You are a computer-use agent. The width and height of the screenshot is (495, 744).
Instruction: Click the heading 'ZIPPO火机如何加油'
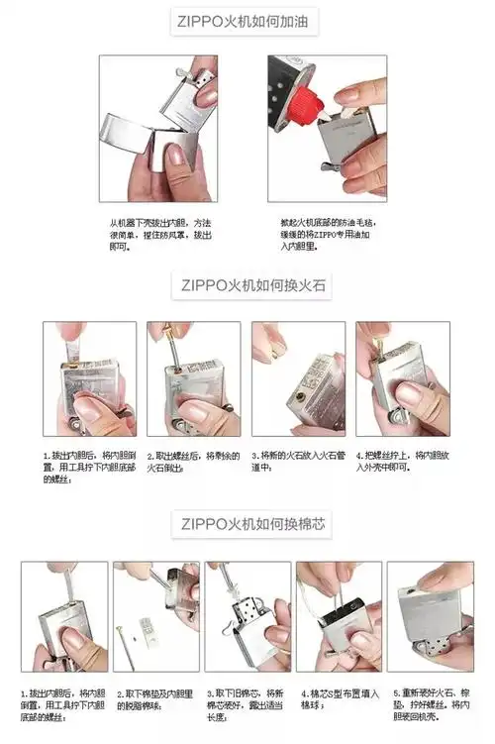pos(248,22)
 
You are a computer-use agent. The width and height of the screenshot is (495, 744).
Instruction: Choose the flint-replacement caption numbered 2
pos(186,461)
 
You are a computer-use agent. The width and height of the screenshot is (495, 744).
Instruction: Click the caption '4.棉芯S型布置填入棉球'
pos(339,699)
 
